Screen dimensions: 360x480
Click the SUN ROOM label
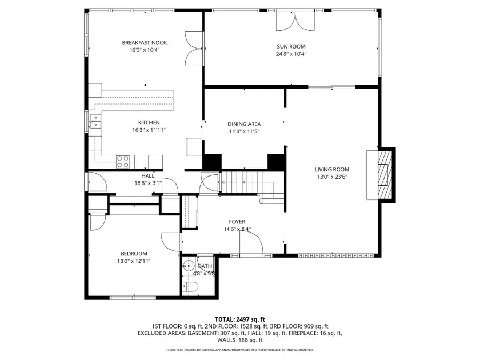pos(291,46)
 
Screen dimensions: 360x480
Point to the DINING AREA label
pos(244,124)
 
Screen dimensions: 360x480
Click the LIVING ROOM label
pos(332,170)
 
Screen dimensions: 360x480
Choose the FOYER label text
pos(237,222)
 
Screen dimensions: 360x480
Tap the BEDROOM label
pos(133,253)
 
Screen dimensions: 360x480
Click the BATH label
pos(205,266)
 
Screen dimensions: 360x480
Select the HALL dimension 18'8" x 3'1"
pos(148,183)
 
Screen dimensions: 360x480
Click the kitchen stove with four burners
pos(123,161)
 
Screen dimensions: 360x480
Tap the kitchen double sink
pos(95,122)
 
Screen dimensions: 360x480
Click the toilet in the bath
pos(192,287)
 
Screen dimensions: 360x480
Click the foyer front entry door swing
pos(252,243)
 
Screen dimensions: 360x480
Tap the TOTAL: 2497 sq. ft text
pos(239,318)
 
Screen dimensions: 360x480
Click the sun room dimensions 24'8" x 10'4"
pos(291,54)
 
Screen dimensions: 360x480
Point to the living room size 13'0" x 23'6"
pos(332,177)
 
